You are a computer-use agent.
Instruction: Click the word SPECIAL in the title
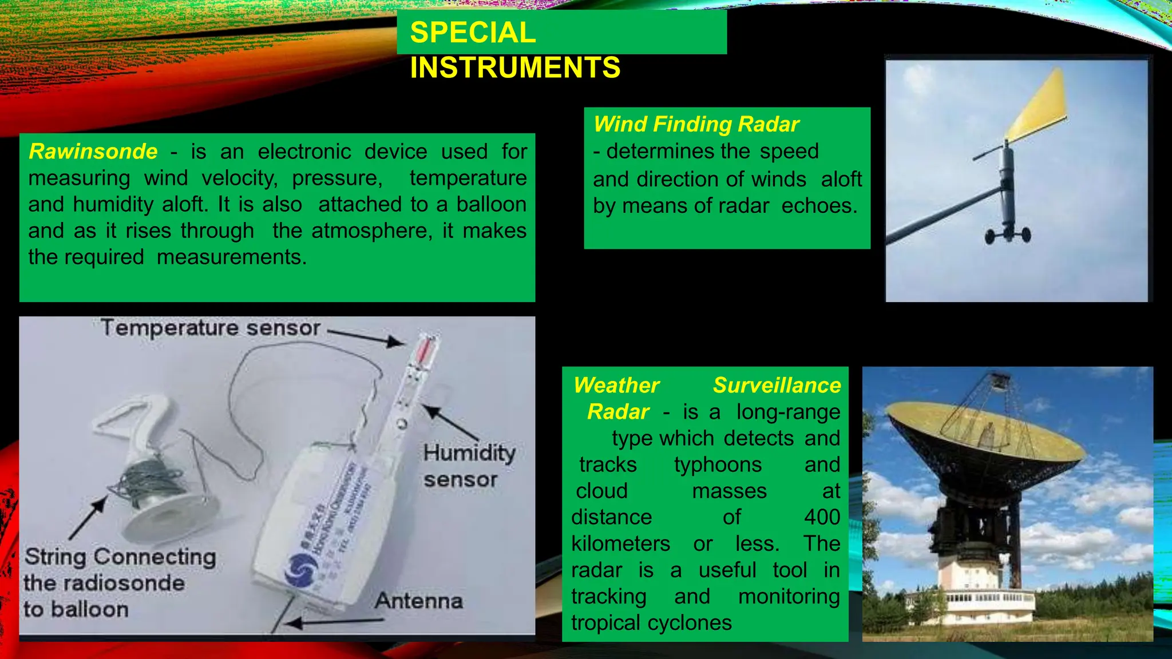[473, 33]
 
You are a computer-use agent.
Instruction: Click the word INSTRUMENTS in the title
[515, 68]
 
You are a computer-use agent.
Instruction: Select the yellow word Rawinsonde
[93, 152]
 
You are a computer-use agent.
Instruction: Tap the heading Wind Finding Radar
[696, 124]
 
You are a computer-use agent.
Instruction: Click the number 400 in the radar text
[822, 517]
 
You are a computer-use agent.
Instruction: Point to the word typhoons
[718, 465]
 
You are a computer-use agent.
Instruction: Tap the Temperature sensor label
[210, 328]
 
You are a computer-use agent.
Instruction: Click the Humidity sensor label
[468, 466]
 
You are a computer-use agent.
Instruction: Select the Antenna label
[419, 601]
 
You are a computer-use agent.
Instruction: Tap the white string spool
[157, 503]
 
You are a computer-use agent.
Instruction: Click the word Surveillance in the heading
[777, 386]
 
